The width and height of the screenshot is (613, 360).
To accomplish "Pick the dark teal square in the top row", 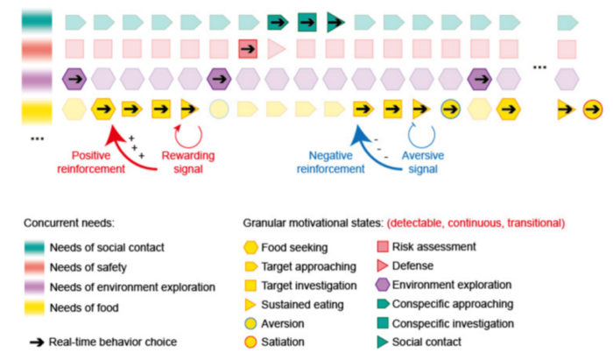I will click(x=306, y=19).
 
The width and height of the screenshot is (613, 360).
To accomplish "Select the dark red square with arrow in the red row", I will click(x=248, y=48).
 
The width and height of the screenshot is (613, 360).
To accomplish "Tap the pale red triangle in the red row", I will click(x=277, y=48).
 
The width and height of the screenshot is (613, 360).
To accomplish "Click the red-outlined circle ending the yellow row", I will click(x=593, y=109).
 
